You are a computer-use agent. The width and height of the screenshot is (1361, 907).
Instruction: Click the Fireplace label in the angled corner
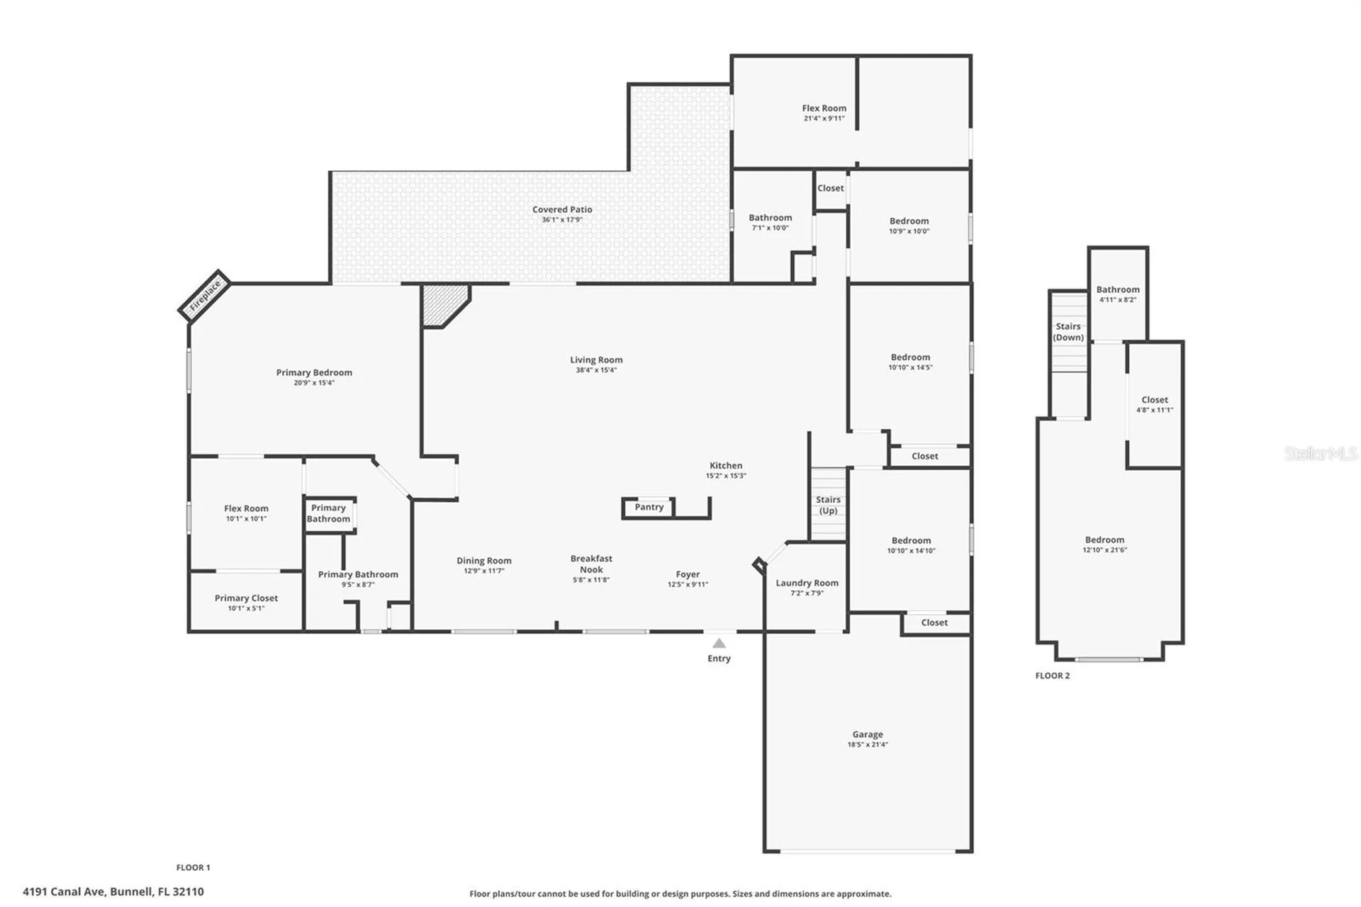click(x=206, y=294)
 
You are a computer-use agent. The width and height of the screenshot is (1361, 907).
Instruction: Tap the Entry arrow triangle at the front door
click(x=719, y=643)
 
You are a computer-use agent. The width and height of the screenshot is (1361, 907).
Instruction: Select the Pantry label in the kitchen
click(x=649, y=507)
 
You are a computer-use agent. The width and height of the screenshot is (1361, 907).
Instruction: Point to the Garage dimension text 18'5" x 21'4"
click(x=868, y=745)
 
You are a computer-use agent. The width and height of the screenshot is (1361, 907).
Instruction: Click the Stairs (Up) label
click(x=828, y=505)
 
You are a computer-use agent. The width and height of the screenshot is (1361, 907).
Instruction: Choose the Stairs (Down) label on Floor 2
click(x=1068, y=332)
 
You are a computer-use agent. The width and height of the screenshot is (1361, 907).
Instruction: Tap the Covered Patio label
click(x=562, y=209)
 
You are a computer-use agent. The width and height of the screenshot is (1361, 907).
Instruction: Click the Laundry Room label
click(x=807, y=583)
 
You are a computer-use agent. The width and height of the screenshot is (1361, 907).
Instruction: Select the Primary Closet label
click(x=246, y=598)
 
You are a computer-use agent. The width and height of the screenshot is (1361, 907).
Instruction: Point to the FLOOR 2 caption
click(x=1053, y=676)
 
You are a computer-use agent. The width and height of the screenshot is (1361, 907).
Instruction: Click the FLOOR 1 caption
click(x=193, y=867)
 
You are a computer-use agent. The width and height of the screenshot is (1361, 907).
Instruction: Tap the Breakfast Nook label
click(x=591, y=564)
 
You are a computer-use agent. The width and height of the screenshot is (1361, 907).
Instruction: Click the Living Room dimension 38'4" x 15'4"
click(x=596, y=370)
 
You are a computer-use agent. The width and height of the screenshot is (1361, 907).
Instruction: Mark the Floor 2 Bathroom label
click(x=1118, y=289)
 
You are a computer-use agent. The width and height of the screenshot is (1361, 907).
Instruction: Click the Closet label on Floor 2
click(x=1155, y=400)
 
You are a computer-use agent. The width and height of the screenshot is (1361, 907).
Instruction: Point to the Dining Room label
click(x=484, y=561)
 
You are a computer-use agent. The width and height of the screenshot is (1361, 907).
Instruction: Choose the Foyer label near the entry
click(x=688, y=574)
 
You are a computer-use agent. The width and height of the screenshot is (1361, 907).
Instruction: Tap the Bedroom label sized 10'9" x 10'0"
click(x=909, y=221)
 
